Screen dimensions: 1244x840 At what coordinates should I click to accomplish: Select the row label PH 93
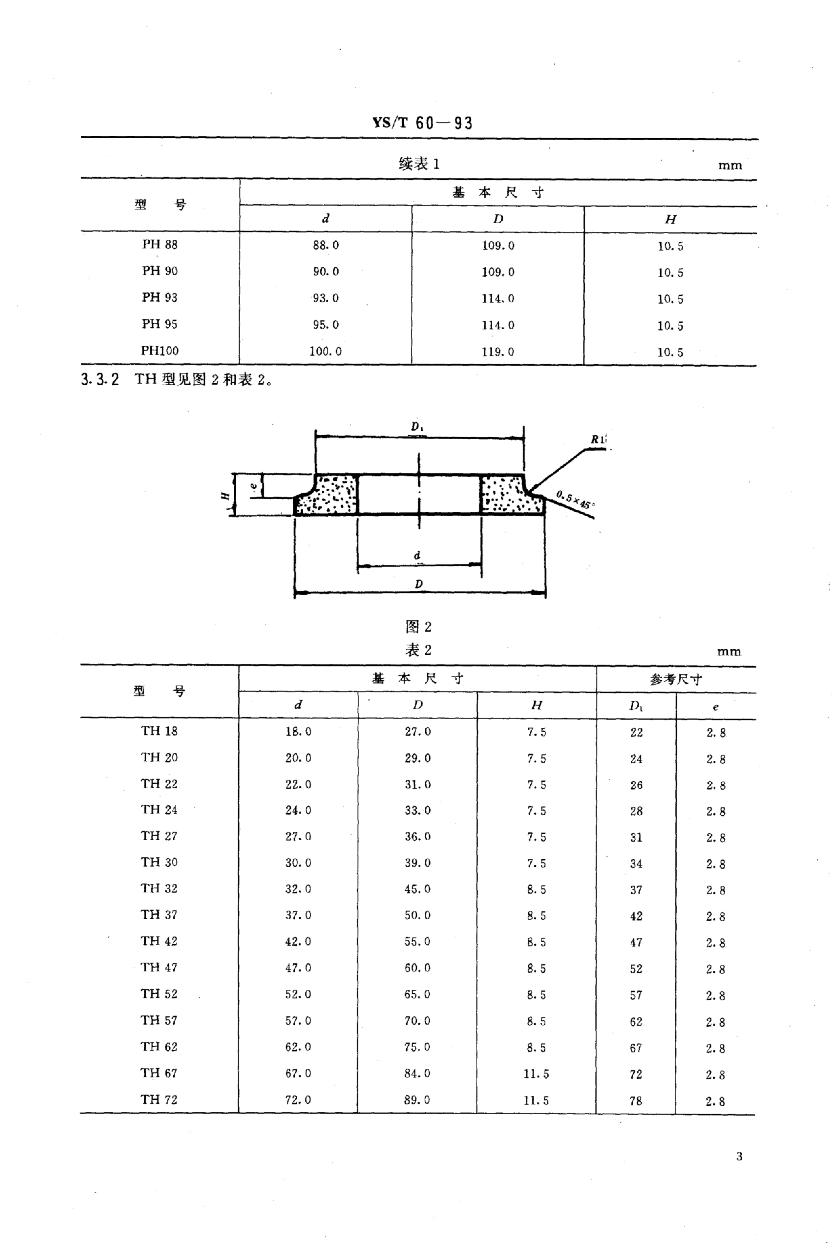coord(160,298)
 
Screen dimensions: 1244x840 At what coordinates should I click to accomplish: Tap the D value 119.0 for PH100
coord(497,352)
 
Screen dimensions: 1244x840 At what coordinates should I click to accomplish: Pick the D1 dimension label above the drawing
coord(417,427)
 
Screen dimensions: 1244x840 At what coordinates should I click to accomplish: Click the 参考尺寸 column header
coord(676,679)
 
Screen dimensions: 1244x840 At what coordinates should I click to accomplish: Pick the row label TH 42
coord(159,941)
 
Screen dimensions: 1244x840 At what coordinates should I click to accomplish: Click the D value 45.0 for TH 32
coord(417,889)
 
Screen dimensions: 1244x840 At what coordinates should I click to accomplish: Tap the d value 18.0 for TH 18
coord(298,732)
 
